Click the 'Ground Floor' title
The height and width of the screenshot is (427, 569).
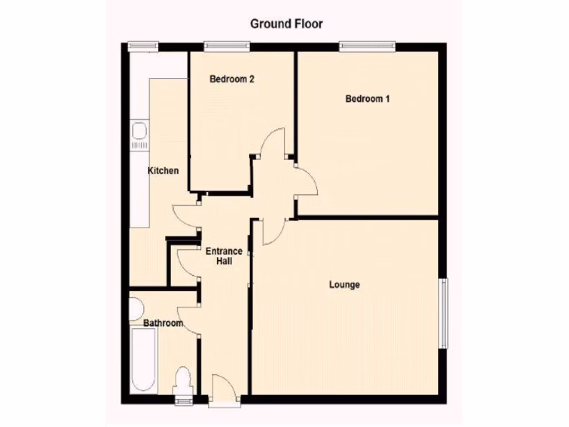(286, 24)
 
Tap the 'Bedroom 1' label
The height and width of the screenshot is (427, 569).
(367, 99)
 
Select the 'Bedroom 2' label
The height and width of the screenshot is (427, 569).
(232, 80)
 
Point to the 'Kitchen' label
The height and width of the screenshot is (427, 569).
(163, 171)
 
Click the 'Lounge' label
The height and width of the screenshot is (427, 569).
(345, 285)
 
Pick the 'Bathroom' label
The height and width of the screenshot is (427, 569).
(163, 323)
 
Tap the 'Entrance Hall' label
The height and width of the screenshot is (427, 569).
(223, 256)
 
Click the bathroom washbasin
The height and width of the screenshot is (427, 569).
(135, 309)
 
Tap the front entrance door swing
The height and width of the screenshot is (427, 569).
(225, 388)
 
